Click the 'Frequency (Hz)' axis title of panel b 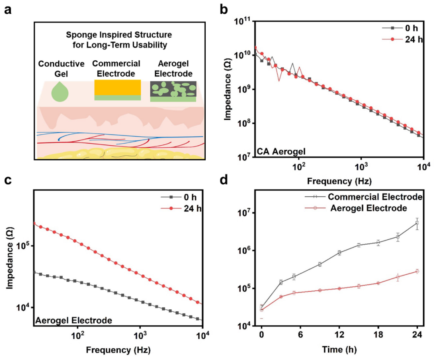pyautogui.click(x=339, y=181)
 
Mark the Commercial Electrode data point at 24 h pyautogui.click(x=417, y=223)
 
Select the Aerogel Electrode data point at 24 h pyautogui.click(x=417, y=271)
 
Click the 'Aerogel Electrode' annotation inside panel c pyautogui.click(x=73, y=321)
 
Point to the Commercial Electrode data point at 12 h pyautogui.click(x=340, y=253)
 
